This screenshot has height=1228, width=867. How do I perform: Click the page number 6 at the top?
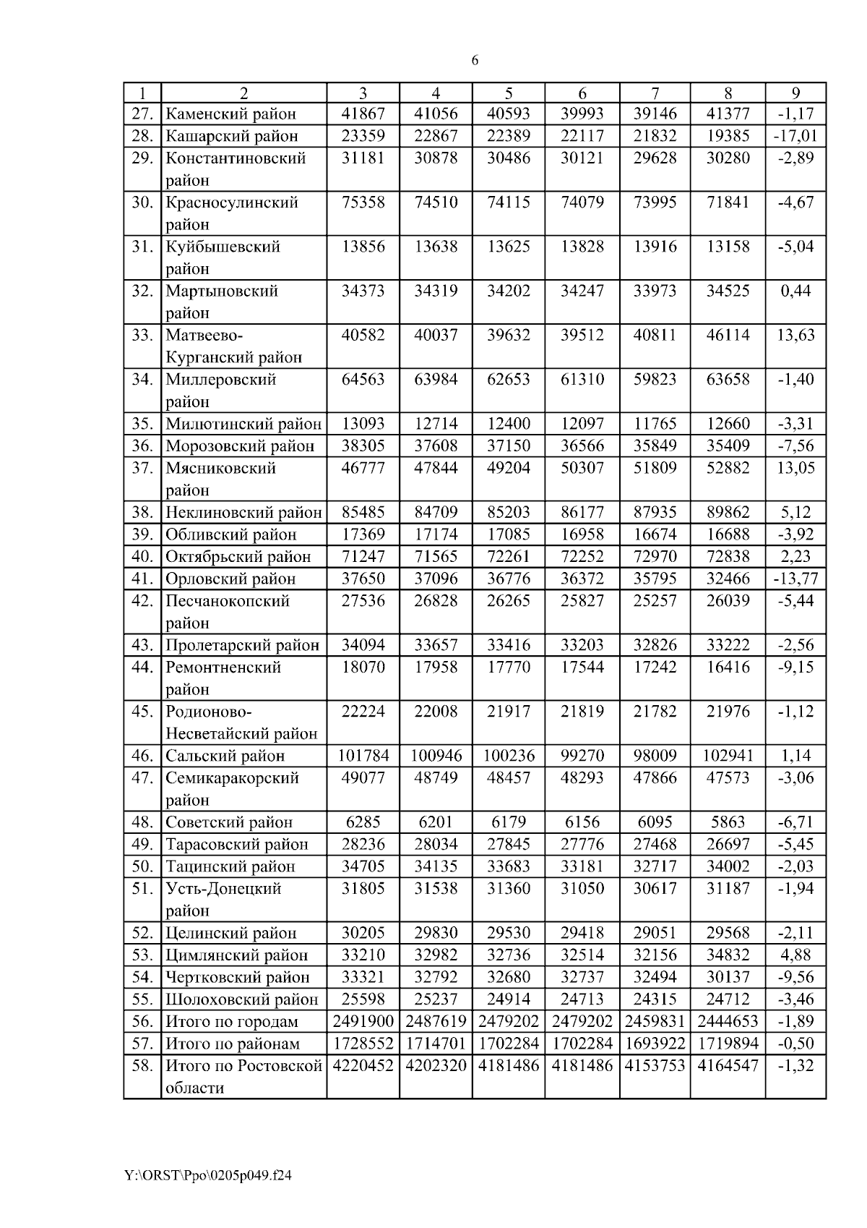(475, 61)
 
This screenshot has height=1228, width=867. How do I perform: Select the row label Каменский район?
(230, 114)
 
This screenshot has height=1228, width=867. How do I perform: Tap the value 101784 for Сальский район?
(363, 756)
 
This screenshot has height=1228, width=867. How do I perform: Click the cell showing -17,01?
(795, 136)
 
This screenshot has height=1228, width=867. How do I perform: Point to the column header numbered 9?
(795, 93)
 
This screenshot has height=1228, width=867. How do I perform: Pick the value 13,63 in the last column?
(795, 335)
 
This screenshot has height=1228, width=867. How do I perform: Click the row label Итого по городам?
(231, 1022)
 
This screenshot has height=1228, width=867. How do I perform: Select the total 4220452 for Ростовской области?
(363, 1066)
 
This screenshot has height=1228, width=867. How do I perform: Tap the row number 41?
(142, 579)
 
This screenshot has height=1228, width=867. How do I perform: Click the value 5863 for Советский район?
(728, 822)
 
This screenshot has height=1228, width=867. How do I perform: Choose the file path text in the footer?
(208, 1176)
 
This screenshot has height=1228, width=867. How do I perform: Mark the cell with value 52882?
(728, 468)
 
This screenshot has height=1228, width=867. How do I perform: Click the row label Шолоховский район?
(241, 999)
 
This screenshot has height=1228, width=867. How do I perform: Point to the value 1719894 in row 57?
(728, 1044)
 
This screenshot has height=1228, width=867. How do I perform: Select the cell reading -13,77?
(795, 579)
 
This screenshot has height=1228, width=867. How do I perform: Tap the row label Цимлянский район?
(236, 955)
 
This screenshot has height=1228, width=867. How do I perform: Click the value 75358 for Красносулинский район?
(363, 202)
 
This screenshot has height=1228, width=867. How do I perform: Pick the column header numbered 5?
(509, 93)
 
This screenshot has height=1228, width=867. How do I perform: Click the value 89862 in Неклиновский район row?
(728, 513)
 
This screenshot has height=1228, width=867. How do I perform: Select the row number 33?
(142, 335)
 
